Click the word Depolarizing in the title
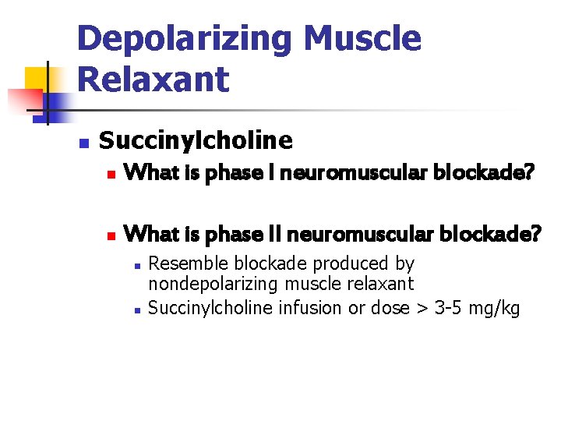[184, 38]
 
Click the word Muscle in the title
[362, 38]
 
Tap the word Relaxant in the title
[153, 79]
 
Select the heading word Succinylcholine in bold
[196, 140]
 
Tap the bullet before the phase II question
[111, 233]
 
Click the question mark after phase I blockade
[529, 172]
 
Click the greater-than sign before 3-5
[422, 308]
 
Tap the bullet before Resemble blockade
[136, 266]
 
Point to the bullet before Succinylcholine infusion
[136, 310]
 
